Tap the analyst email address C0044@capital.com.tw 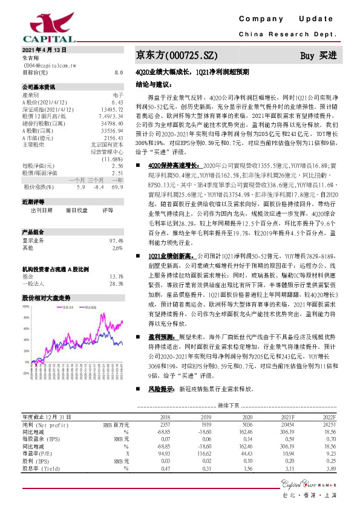click(49, 64)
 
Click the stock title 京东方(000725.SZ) click(175, 55)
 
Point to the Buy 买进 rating click(319, 56)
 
